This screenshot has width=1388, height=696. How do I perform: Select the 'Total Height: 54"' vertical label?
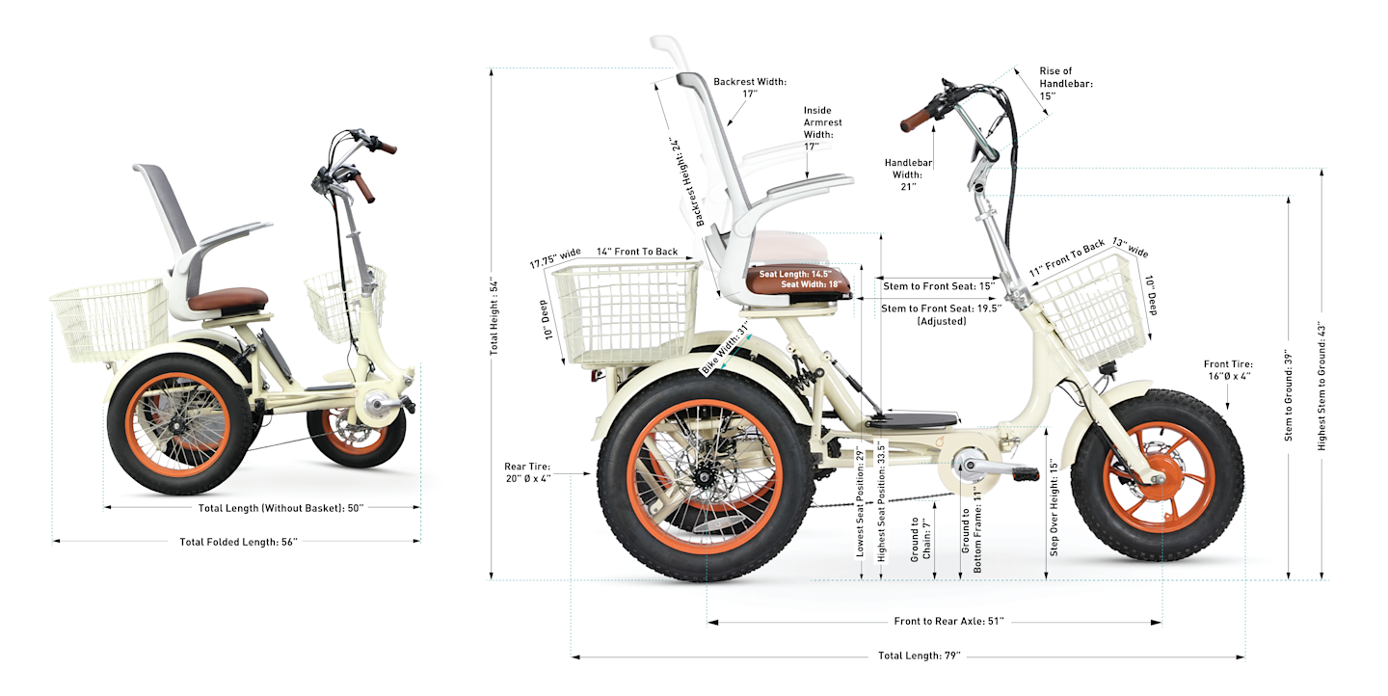pyautogui.click(x=494, y=319)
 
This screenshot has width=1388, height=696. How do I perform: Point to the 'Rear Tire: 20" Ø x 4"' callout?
pyautogui.click(x=528, y=473)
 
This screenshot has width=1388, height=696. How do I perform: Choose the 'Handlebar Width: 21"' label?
pyautogui.click(x=907, y=174)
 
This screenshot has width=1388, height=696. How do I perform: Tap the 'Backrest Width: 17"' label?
pyautogui.click(x=750, y=88)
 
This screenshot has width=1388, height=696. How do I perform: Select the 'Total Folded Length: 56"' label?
pyautogui.click(x=238, y=542)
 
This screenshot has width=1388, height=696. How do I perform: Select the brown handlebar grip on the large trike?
pyautogui.click(x=917, y=120)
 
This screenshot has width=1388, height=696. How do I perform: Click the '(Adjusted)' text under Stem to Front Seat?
pyautogui.click(x=942, y=321)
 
